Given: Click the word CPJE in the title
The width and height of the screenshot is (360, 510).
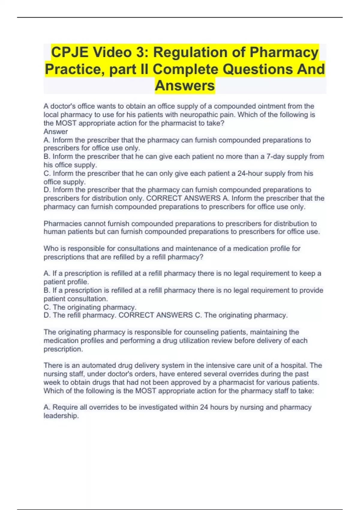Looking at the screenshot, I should pyautogui.click(x=70, y=52).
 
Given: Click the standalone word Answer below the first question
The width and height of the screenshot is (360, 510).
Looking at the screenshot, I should pyautogui.click(x=55, y=132).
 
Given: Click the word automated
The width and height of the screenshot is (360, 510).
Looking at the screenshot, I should pyautogui.click(x=98, y=365).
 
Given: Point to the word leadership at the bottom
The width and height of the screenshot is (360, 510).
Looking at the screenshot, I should pyautogui.click(x=61, y=416).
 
